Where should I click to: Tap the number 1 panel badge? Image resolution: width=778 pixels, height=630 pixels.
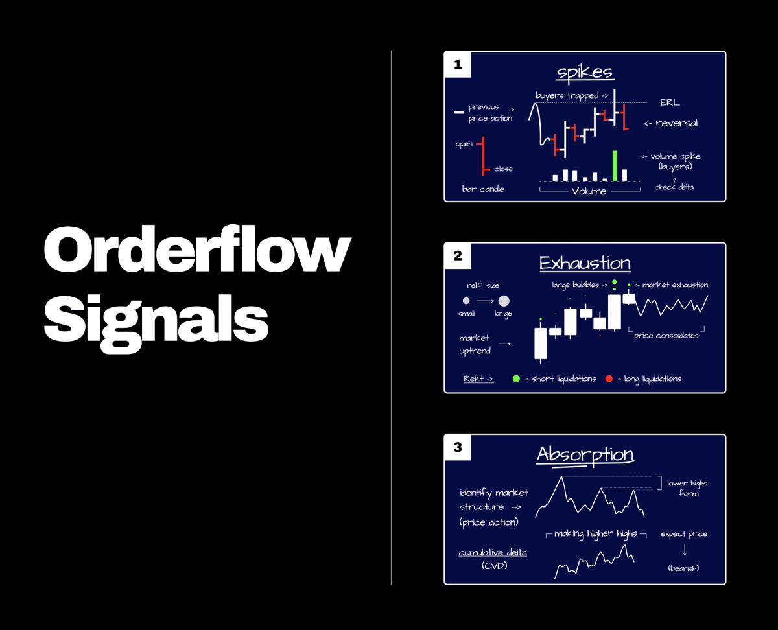pyautogui.click(x=458, y=64)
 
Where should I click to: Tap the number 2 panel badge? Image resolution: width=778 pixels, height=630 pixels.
pyautogui.click(x=458, y=256)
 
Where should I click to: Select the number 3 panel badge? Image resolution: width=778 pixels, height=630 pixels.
pyautogui.click(x=458, y=447)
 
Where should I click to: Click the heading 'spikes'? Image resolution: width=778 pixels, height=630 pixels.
pyautogui.click(x=585, y=72)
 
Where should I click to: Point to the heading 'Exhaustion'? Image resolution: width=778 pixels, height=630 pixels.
pyautogui.click(x=585, y=263)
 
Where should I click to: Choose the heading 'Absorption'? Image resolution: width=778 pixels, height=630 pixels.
pyautogui.click(x=585, y=454)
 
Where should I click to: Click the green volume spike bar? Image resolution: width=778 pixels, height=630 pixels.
pyautogui.click(x=615, y=166)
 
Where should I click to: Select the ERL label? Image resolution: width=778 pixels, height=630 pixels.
pyautogui.click(x=670, y=102)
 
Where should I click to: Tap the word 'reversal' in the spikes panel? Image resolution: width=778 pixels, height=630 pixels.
pyautogui.click(x=676, y=123)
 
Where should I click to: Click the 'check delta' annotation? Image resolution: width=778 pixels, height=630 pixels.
pyautogui.click(x=674, y=187)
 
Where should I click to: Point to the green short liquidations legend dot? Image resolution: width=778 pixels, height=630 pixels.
pyautogui.click(x=516, y=379)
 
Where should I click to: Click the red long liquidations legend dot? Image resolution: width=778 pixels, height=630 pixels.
pyautogui.click(x=609, y=379)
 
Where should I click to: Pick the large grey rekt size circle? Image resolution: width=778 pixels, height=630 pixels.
pyautogui.click(x=504, y=301)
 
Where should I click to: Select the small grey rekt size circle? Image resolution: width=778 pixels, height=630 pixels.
pyautogui.click(x=466, y=301)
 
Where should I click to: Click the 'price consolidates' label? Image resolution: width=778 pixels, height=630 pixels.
pyautogui.click(x=666, y=336)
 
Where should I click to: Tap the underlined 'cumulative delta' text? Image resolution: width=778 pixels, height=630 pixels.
pyautogui.click(x=493, y=553)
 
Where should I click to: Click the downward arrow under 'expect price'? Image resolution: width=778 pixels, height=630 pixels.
pyautogui.click(x=684, y=550)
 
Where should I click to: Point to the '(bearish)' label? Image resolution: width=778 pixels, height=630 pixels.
pyautogui.click(x=683, y=568)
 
